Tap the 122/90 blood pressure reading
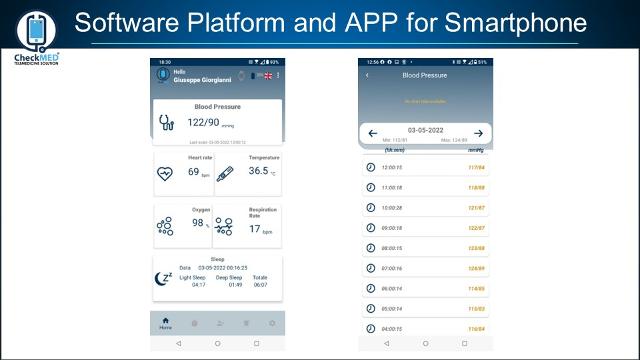tap(204, 122)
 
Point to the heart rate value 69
tap(194, 172)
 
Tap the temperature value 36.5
tap(258, 171)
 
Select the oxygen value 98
tap(198, 224)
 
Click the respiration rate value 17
tap(255, 228)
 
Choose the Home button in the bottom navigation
tap(165, 323)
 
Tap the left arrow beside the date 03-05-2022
tap(372, 133)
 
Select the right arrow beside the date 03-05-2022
tap(478, 133)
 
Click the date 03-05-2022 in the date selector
tap(425, 131)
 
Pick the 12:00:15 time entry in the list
tap(392, 167)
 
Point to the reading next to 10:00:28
tap(475, 207)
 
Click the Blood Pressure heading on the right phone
tap(424, 75)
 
